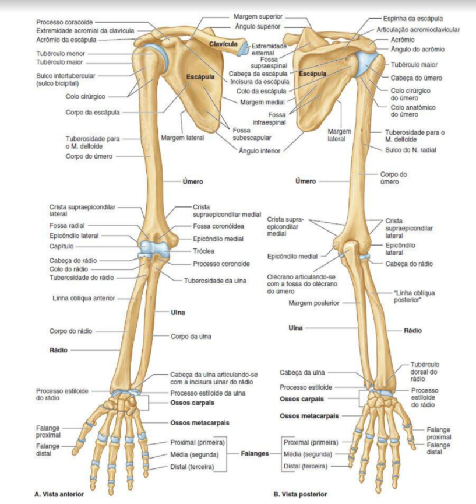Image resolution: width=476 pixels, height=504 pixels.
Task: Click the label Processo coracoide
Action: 64,22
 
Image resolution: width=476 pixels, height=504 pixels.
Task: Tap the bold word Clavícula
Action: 223,44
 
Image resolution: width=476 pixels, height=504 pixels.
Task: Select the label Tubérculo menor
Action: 61,53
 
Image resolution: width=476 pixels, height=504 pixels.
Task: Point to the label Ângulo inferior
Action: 259,151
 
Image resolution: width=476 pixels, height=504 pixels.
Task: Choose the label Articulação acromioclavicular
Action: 418,29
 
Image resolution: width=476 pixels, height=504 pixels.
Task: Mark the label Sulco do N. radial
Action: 411,150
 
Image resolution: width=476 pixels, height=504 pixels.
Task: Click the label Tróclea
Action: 203,251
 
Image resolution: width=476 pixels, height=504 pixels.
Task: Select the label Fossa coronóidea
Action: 218,226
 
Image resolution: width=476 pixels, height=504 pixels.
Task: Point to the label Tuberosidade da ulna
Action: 215,281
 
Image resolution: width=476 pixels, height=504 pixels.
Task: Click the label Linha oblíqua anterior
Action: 84,298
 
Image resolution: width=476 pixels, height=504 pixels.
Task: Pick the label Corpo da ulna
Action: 191,337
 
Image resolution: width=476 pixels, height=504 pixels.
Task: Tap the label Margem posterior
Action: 314,303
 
